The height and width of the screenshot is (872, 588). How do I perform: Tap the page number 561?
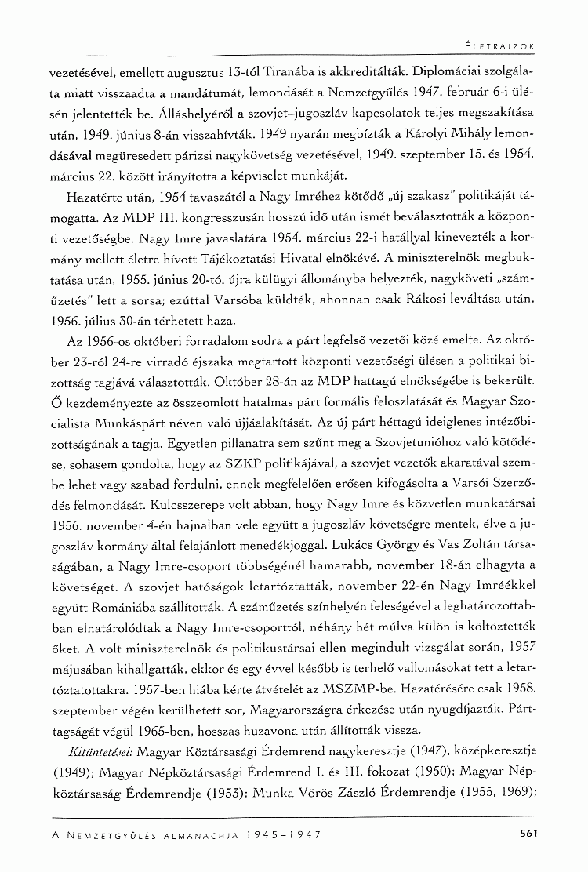528,834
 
